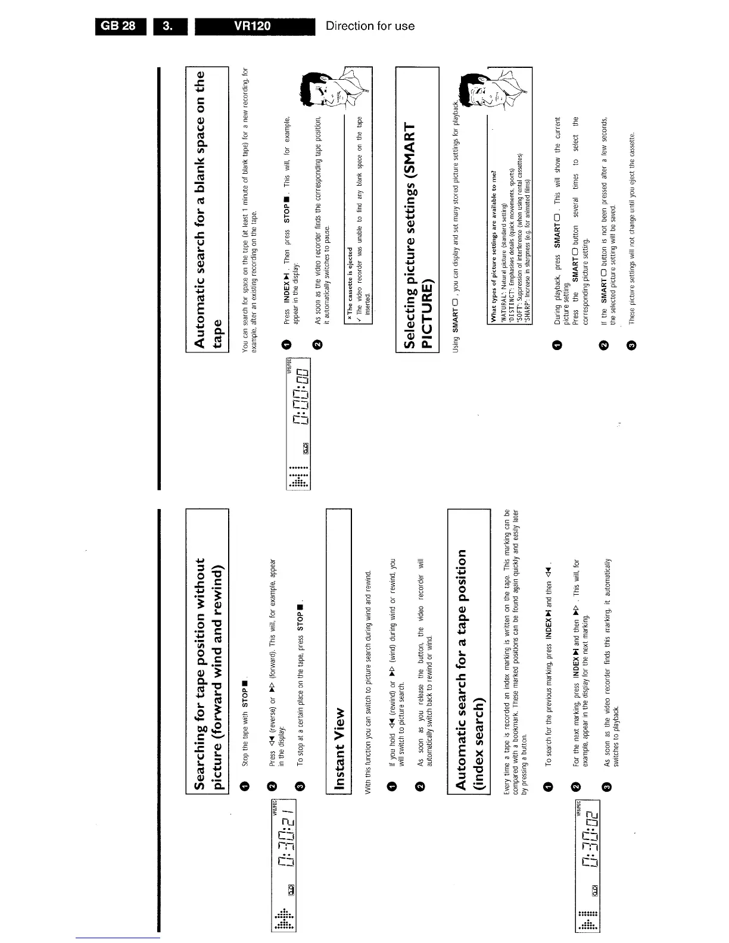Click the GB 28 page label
pyautogui.click(x=119, y=26)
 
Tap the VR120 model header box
pyautogui.click(x=254, y=26)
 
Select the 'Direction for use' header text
pyautogui.click(x=370, y=26)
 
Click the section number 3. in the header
pyautogui.click(x=170, y=26)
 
